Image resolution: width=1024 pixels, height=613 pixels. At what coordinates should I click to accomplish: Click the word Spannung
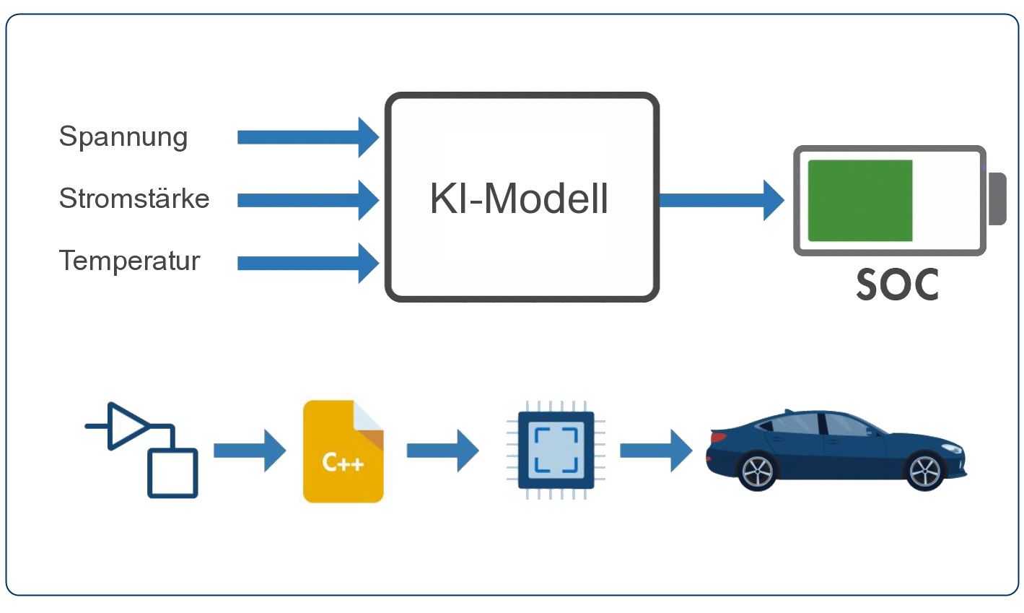pos(123,137)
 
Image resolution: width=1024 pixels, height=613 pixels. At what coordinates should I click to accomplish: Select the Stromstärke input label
pos(134,199)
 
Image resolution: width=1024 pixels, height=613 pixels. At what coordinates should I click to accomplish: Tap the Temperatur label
pos(129,261)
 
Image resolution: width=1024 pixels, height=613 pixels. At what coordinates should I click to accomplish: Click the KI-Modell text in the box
pos(519,199)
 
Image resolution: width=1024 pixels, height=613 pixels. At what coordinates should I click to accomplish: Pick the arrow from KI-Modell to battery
pos(721,200)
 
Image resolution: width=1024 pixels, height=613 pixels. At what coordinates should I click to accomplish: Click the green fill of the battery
pos(859,201)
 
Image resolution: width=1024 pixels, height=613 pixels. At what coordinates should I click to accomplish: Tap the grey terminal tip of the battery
pos(997,199)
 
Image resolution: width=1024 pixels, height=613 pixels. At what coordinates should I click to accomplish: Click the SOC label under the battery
pos(897,285)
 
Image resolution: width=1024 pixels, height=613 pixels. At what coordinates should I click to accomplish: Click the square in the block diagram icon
pos(172,473)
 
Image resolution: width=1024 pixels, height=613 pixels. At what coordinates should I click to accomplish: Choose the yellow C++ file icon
pos(343,452)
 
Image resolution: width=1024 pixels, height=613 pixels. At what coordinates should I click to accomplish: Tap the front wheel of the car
pos(924,471)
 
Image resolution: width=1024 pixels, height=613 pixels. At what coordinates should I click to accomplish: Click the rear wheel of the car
pos(757,471)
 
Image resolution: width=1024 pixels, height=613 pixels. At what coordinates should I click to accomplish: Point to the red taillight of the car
pos(718,437)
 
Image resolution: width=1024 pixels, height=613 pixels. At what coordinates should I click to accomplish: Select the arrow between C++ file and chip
pos(442,451)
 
